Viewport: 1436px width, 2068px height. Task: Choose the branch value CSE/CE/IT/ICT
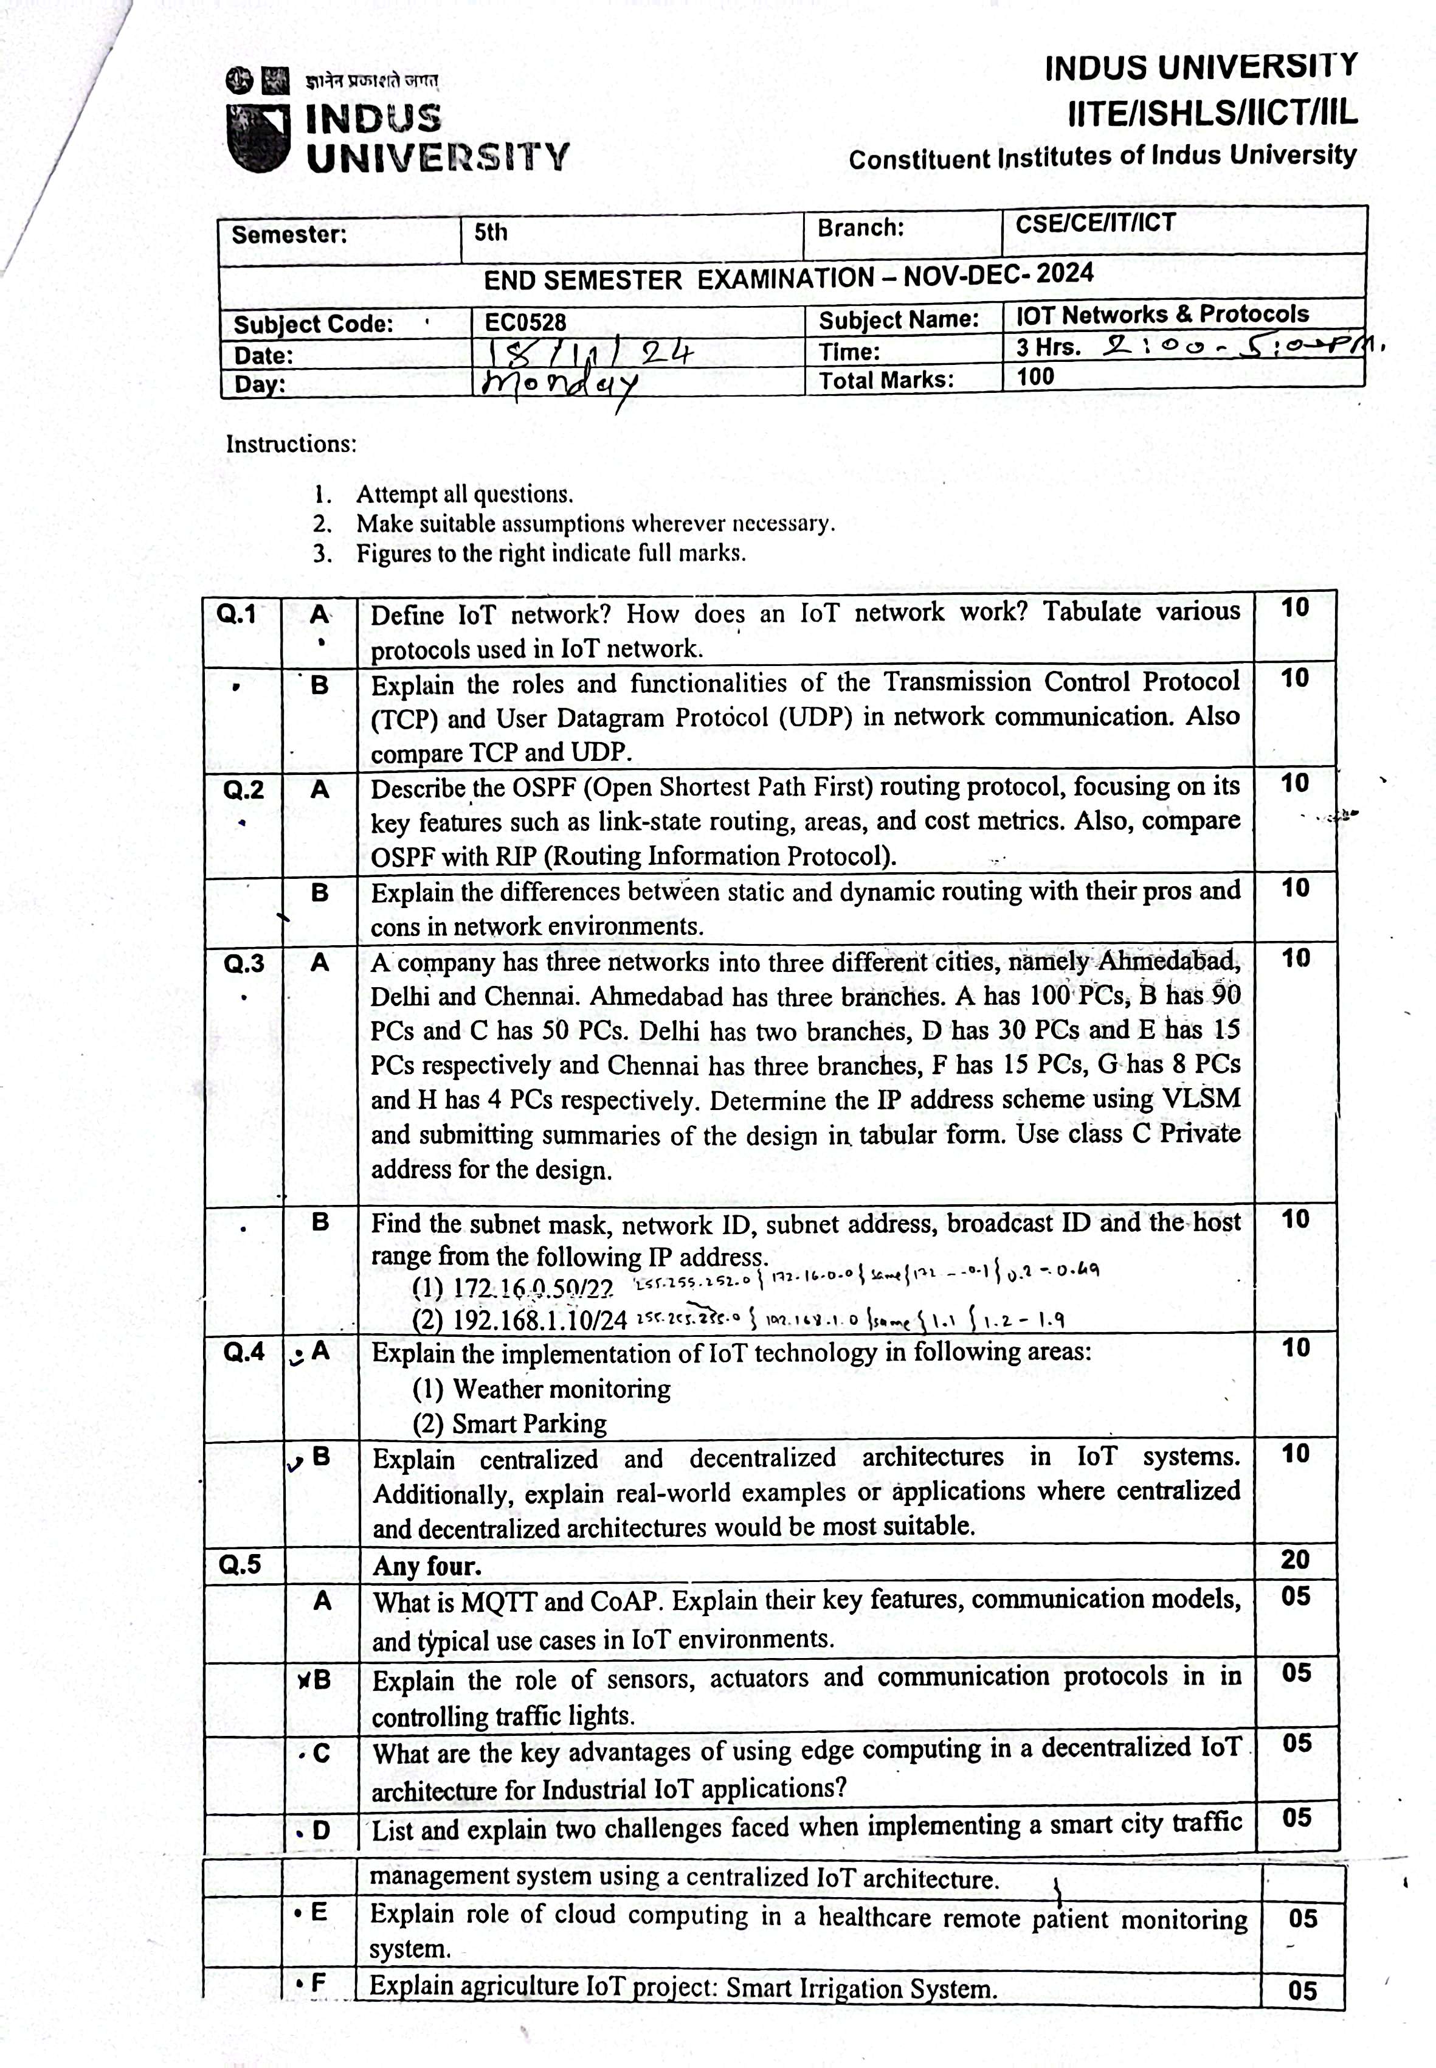click(1095, 223)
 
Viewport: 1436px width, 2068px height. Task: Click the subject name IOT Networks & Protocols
click(1162, 314)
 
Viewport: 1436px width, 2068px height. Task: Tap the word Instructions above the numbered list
click(291, 443)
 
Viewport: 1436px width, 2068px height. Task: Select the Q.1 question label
click(236, 615)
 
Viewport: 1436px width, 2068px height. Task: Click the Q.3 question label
click(244, 964)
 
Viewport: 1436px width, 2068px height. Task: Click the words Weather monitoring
click(561, 1389)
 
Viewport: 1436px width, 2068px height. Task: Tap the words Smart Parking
click(529, 1424)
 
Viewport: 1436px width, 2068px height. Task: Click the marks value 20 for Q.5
click(1295, 1560)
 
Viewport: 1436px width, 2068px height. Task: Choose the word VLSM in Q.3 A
click(1201, 1099)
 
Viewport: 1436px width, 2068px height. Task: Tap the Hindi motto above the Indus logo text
click(371, 81)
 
